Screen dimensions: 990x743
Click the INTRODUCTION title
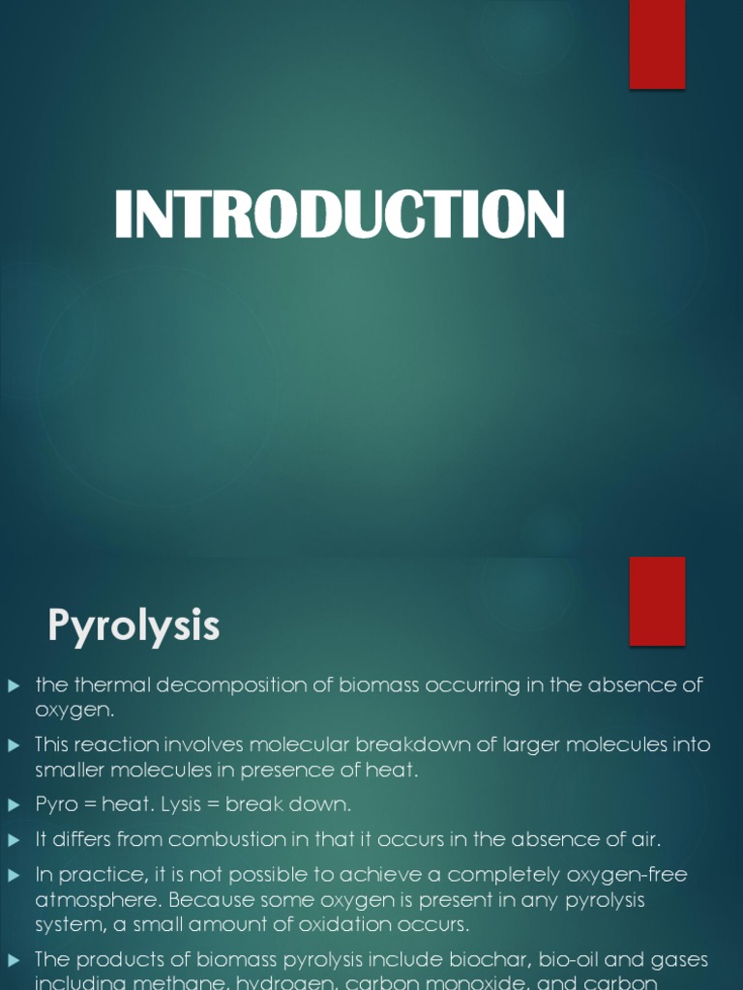[x=340, y=215]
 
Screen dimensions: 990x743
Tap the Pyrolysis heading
[x=134, y=626]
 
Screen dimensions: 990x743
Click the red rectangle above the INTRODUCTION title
[x=657, y=44]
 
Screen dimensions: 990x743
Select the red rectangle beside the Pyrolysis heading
[x=657, y=600]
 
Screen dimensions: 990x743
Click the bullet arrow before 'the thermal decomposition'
[x=14, y=685]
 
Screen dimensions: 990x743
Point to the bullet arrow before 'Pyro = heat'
[x=14, y=804]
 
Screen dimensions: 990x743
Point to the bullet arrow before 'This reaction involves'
[x=14, y=745]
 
